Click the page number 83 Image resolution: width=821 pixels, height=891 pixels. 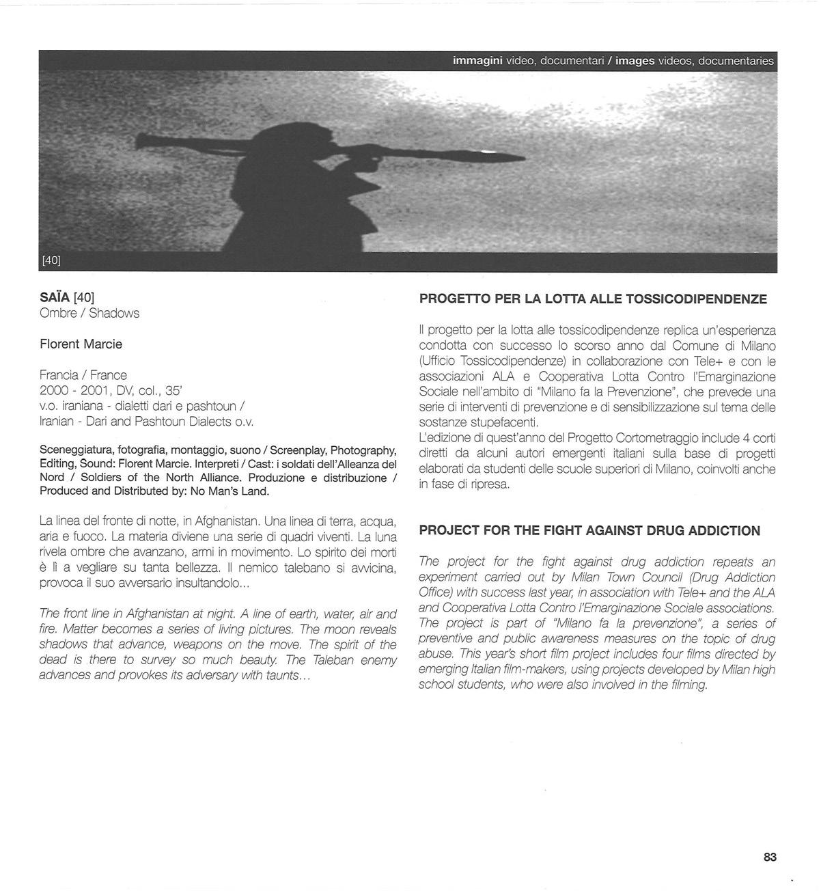[x=770, y=857]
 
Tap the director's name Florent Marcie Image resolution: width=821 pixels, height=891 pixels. [x=81, y=344]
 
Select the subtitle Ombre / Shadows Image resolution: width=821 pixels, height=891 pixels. [x=89, y=313]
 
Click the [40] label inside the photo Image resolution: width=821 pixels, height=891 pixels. [x=51, y=260]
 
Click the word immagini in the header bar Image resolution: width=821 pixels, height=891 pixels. [x=477, y=61]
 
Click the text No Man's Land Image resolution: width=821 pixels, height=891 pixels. [x=236, y=491]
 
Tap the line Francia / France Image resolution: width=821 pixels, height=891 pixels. [x=83, y=374]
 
